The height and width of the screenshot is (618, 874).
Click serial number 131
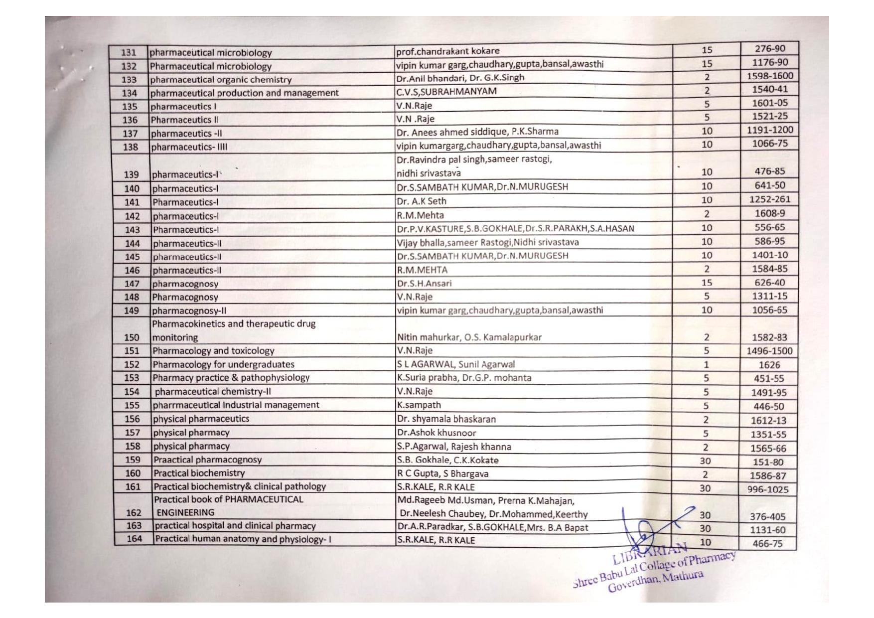129,53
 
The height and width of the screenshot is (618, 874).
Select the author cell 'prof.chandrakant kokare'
447,51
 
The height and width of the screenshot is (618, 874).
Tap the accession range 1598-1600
769,76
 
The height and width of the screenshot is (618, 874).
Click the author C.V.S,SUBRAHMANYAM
446,91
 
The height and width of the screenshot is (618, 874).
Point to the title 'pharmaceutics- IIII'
189,147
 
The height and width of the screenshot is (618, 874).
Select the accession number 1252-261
769,199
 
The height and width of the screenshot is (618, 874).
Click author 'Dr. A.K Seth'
422,201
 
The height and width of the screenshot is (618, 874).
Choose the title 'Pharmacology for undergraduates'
223,364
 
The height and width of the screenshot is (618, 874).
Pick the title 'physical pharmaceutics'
201,419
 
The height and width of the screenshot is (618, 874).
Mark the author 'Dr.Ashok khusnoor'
437,433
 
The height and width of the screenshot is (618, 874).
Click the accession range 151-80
768,462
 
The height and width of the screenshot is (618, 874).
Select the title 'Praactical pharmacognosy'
207,460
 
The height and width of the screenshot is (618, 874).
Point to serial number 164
134,539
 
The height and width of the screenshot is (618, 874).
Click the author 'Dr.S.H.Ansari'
425,284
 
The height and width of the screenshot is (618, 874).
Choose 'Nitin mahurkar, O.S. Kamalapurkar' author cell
469,337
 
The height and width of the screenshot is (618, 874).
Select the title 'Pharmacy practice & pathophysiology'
231,378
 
